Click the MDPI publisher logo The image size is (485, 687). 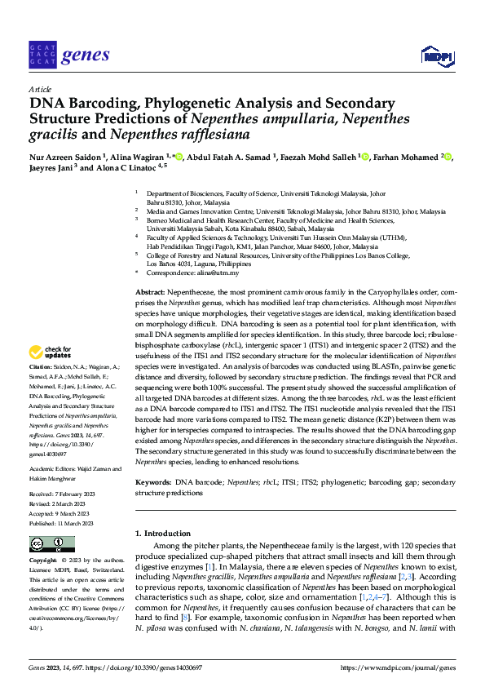(x=434, y=55)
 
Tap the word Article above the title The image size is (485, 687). (x=39, y=89)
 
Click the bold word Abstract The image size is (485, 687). (x=150, y=291)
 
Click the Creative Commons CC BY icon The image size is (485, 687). (x=51, y=543)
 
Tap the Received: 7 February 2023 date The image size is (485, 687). (x=67, y=495)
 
